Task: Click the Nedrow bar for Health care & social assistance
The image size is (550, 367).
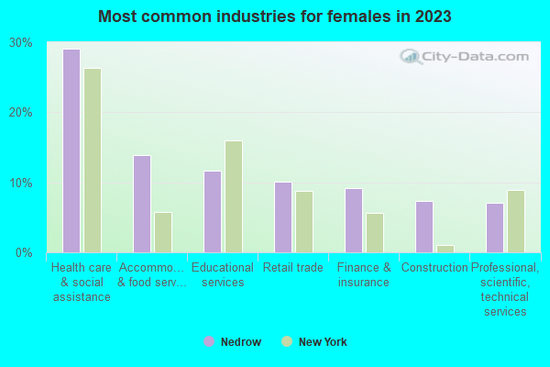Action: pos(71,150)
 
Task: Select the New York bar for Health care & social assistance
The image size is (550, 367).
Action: pos(93,161)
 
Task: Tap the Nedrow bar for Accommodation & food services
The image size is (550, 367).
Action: pos(142,204)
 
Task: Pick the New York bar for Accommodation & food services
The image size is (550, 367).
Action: pos(163,232)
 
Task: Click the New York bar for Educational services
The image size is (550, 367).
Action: pos(234,196)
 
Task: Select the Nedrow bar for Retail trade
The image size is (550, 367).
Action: pos(283,217)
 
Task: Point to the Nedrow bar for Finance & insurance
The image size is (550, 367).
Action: pos(354,220)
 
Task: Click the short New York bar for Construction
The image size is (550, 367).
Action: pos(445,249)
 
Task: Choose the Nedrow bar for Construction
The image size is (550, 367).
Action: pos(424,227)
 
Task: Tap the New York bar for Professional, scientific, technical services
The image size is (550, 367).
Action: pos(516,221)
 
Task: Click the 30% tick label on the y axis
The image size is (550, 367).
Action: pos(21,43)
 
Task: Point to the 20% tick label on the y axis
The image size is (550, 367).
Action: pos(21,113)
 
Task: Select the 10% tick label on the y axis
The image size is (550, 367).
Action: pos(21,183)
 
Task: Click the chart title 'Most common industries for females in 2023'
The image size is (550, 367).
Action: pos(275,17)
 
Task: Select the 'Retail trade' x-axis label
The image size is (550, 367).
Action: pos(293,268)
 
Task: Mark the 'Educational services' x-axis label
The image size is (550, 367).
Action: pos(223,274)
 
